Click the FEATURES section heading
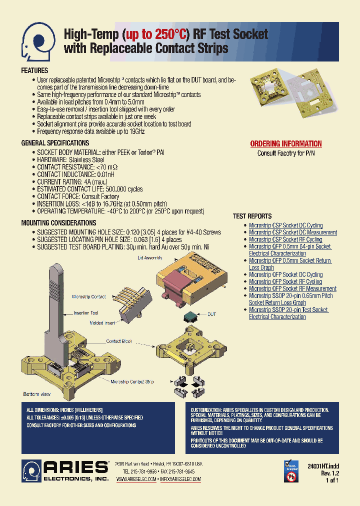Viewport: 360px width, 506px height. click(x=34, y=71)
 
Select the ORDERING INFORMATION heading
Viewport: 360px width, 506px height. click(x=285, y=144)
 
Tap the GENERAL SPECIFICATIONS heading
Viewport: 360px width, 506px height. click(x=55, y=143)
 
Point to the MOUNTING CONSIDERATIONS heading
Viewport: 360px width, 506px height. click(x=58, y=223)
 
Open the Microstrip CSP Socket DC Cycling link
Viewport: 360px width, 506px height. click(x=285, y=225)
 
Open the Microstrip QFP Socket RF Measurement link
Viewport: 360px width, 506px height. click(x=292, y=288)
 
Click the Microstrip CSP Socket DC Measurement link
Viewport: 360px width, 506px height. click(x=292, y=232)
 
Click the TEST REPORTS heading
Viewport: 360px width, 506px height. click(x=252, y=216)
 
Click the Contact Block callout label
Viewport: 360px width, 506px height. click(x=119, y=341)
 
